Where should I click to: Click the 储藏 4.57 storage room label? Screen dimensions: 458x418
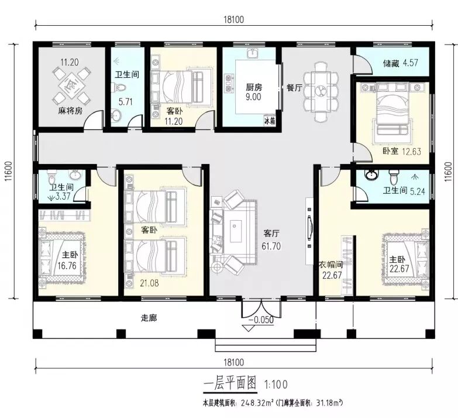point(401,63)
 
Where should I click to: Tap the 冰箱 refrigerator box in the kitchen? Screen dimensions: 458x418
point(270,121)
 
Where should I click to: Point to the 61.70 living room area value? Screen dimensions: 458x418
point(271,246)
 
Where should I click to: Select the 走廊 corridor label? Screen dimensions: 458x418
point(149,318)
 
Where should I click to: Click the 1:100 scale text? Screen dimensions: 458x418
point(276,384)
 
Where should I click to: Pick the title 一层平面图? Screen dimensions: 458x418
point(230,383)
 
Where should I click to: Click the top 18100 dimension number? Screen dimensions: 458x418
point(233,19)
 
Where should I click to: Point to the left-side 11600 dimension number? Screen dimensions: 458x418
point(8,172)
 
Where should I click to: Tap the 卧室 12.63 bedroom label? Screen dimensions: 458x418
point(402,151)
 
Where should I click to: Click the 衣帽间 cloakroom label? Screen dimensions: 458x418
point(330,265)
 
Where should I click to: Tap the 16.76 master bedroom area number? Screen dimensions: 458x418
point(67,266)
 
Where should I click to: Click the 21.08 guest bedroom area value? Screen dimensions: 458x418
point(149,283)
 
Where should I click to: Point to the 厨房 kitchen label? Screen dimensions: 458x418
point(253,87)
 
